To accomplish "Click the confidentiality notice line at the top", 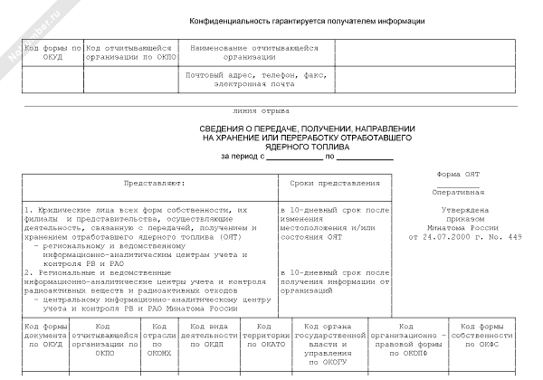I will click(308, 21).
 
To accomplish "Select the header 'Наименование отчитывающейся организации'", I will click(254, 52).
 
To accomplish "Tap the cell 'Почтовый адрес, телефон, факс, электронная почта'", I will click(253, 80).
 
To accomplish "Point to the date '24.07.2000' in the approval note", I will click(459, 237).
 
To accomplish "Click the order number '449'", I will click(515, 237).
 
